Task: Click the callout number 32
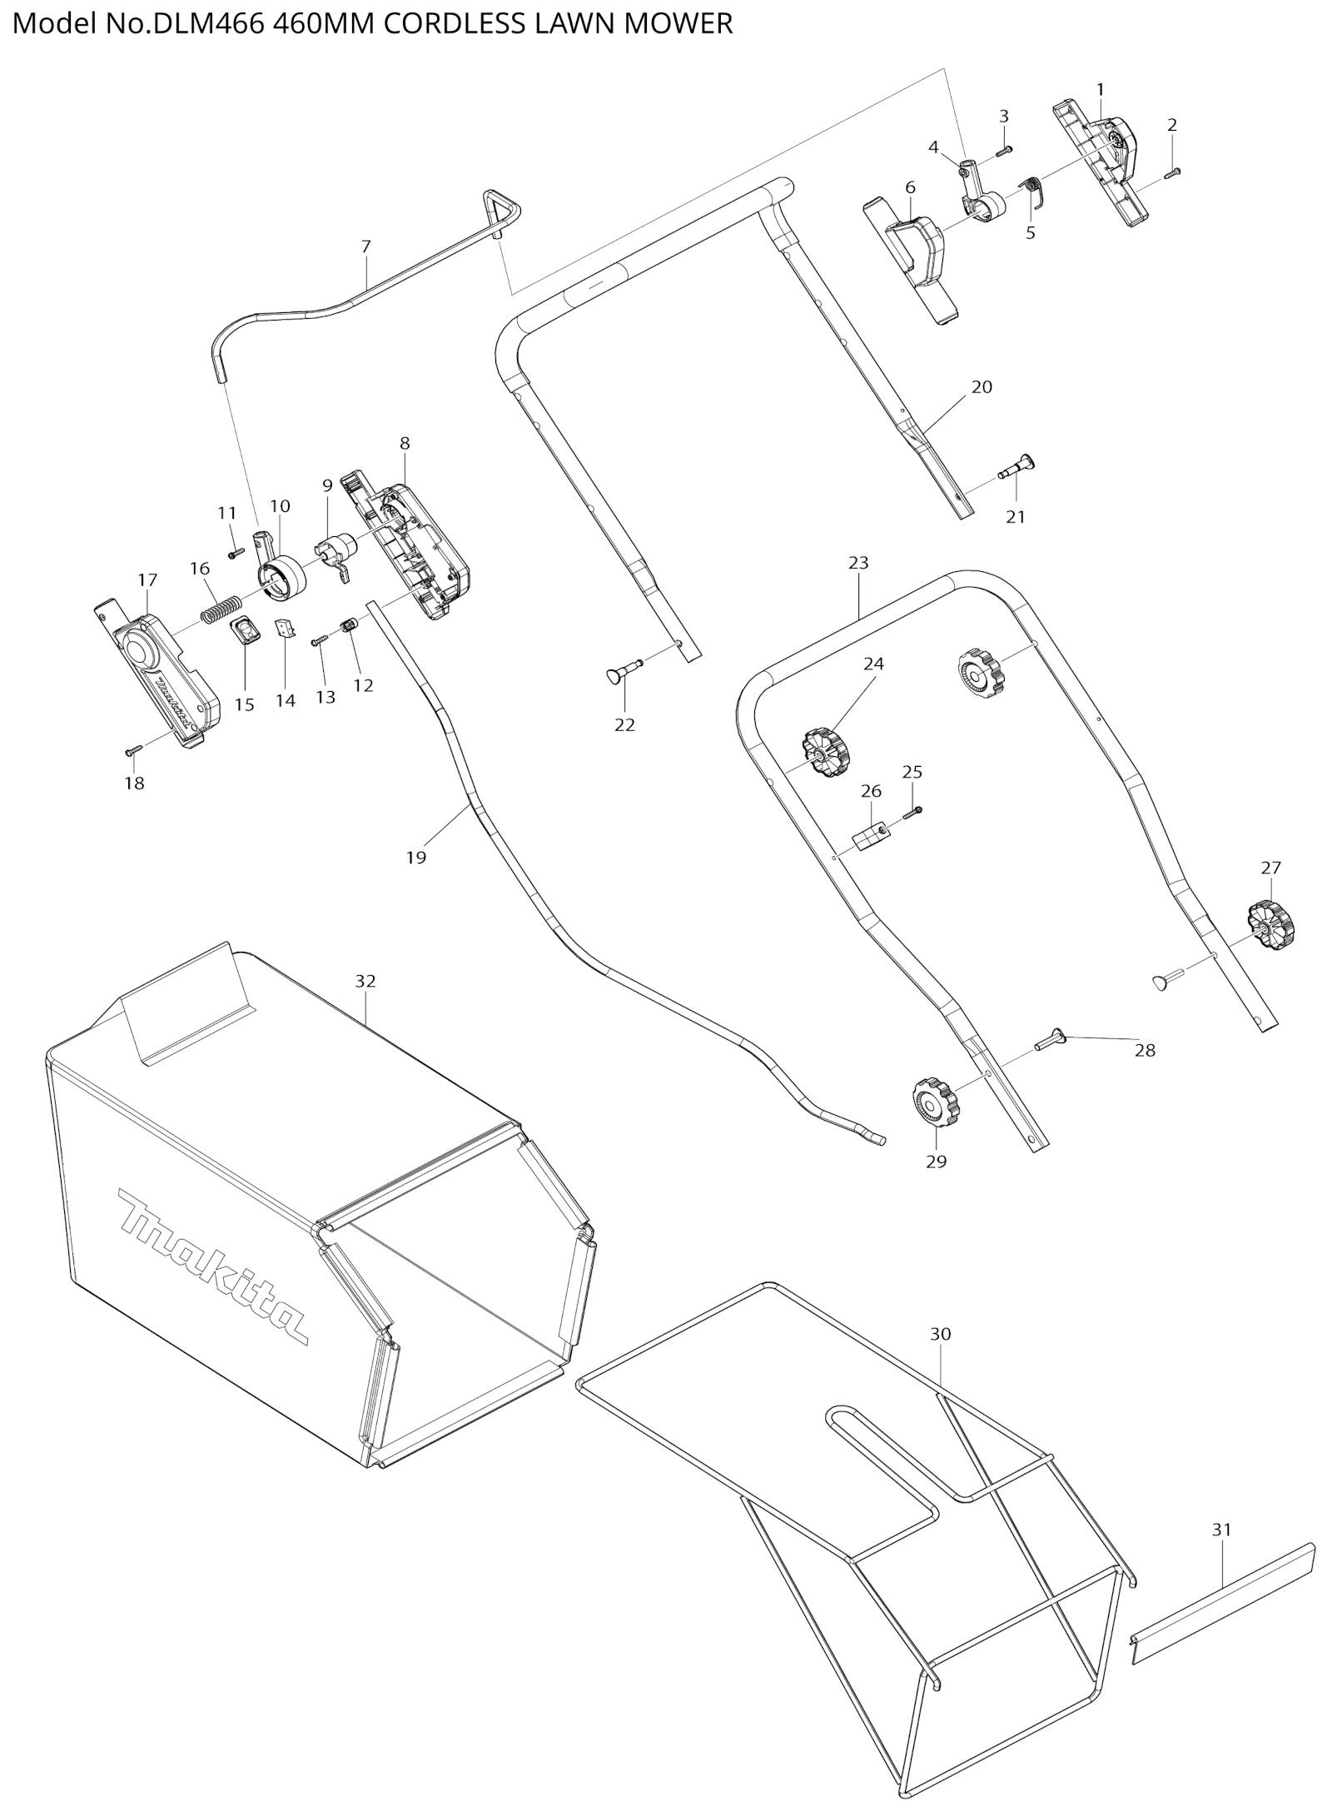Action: pyautogui.click(x=365, y=981)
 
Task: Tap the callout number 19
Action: pyautogui.click(x=416, y=857)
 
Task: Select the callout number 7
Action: pyautogui.click(x=366, y=246)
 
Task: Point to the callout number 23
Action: pyautogui.click(x=858, y=563)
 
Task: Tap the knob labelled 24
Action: pyautogui.click(x=825, y=751)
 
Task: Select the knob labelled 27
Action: pyautogui.click(x=1271, y=923)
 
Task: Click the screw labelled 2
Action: pyautogui.click(x=1173, y=172)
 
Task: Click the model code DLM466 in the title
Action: pyautogui.click(x=196, y=23)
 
